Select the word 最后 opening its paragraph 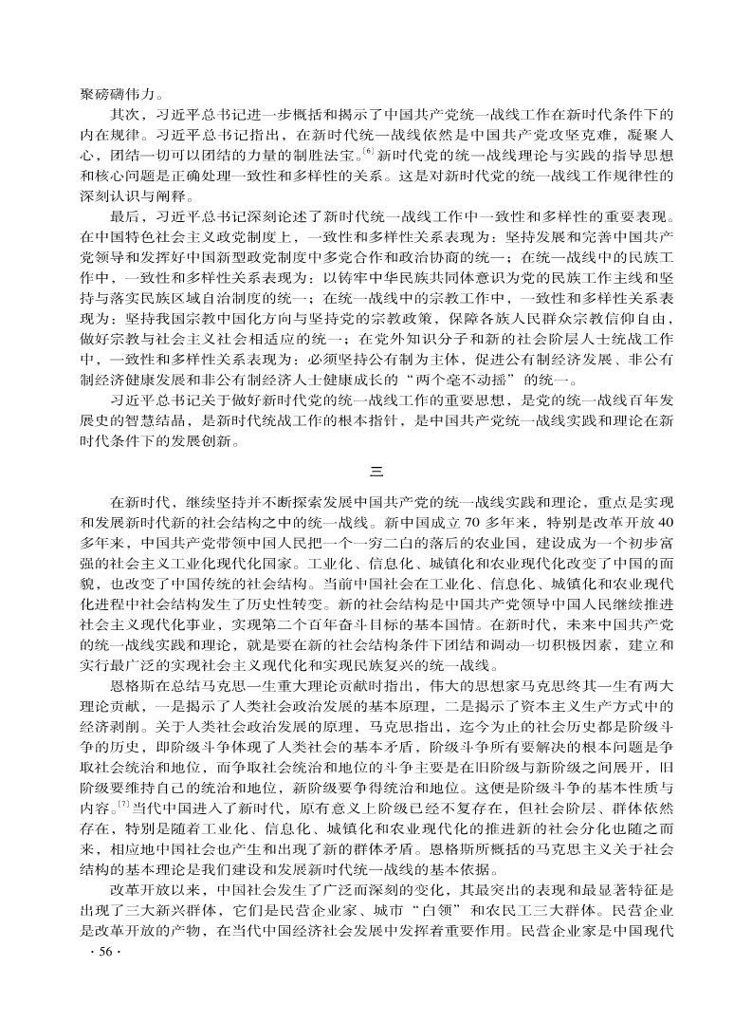pos(126,214)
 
